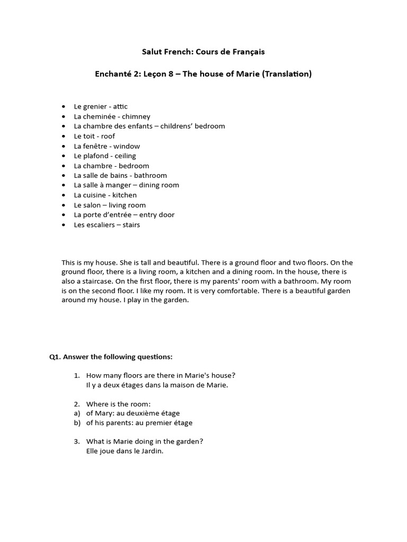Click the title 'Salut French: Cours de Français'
pos(203,52)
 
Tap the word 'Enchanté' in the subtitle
pos(112,74)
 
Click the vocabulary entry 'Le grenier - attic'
pos(101,106)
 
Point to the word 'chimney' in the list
pos(136,116)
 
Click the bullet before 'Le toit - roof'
pos(64,137)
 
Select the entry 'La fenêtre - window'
pos(107,146)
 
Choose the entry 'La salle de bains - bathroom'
pos(120,176)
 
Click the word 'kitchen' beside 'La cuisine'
pos(125,195)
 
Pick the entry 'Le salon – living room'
pos(110,205)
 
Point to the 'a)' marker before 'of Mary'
pos(77,413)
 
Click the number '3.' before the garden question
pos(77,442)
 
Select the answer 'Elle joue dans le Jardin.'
pos(125,452)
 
